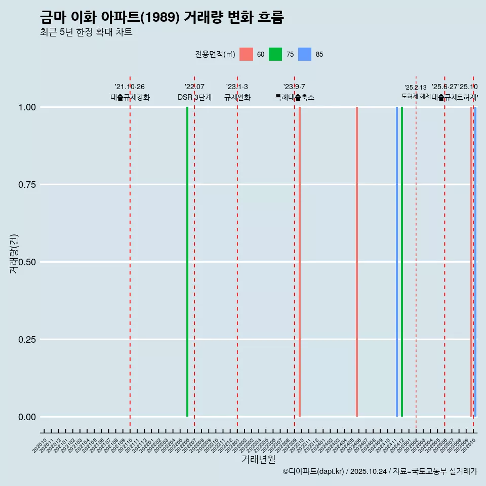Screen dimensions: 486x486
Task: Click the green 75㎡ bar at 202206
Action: pos(187,262)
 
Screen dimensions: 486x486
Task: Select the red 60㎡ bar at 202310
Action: pos(300,262)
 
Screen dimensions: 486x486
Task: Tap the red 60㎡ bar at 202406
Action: pos(357,262)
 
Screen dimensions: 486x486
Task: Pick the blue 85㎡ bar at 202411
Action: pos(397,262)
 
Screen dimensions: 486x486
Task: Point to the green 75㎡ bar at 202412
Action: pos(402,262)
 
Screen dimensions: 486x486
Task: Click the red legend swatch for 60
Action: pos(246,54)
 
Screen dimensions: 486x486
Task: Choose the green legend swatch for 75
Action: pos(275,54)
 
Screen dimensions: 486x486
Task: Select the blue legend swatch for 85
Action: pos(305,54)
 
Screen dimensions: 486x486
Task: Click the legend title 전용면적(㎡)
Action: pos(215,54)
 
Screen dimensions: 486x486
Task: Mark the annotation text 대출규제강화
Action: pos(130,97)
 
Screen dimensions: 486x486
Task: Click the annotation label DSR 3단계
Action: pos(194,97)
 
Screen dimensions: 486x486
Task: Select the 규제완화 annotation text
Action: pos(237,97)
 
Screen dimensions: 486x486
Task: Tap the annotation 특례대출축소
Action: pos(295,97)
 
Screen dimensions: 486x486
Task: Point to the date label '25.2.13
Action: pos(416,88)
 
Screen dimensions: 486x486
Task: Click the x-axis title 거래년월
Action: pos(259,459)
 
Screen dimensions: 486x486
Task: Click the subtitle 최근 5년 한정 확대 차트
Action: pos(86,32)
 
